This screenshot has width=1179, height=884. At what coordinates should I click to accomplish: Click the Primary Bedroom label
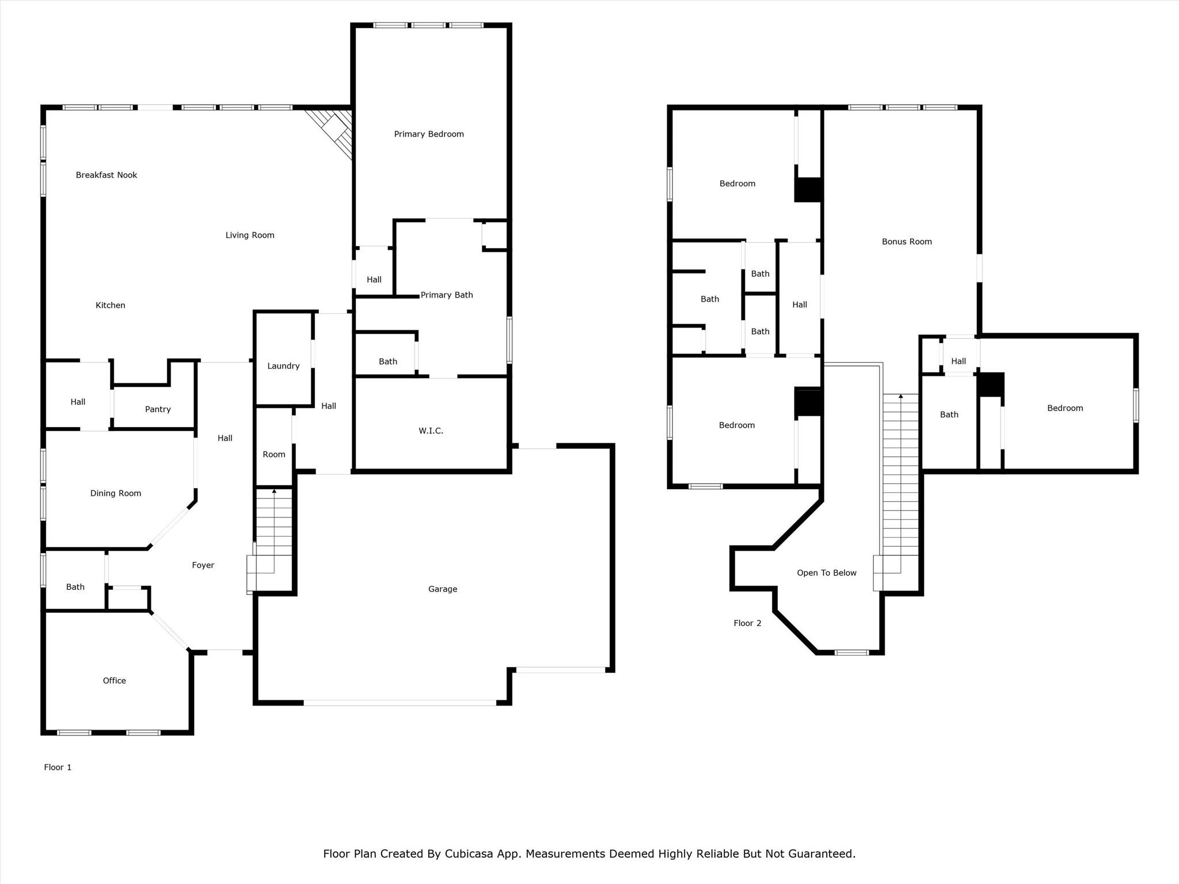(429, 134)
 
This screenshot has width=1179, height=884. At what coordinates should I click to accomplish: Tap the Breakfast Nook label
(107, 175)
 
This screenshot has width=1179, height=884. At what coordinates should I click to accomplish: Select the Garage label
(442, 589)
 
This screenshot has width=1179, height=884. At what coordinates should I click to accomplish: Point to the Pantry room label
(158, 409)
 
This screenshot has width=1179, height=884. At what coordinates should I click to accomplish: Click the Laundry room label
(283, 366)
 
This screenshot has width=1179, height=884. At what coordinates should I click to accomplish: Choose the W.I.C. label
(431, 430)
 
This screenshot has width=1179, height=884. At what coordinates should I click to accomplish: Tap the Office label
(114, 680)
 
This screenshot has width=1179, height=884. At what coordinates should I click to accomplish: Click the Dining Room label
(116, 493)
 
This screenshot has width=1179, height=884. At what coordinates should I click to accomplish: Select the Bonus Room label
(907, 242)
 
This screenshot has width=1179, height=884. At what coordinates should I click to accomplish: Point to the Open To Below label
(826, 573)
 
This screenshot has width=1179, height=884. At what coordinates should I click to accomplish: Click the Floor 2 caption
(747, 623)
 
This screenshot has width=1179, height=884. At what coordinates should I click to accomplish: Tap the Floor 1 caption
(58, 767)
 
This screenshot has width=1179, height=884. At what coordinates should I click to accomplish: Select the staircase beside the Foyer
(274, 529)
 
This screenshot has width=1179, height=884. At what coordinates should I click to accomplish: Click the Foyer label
(203, 565)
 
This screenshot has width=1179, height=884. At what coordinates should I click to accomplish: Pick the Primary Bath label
(447, 295)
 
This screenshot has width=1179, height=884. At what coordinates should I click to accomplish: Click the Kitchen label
(110, 305)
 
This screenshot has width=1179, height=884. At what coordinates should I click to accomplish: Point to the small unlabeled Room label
(274, 454)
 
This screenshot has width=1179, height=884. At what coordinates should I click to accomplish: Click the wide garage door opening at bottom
(400, 703)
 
